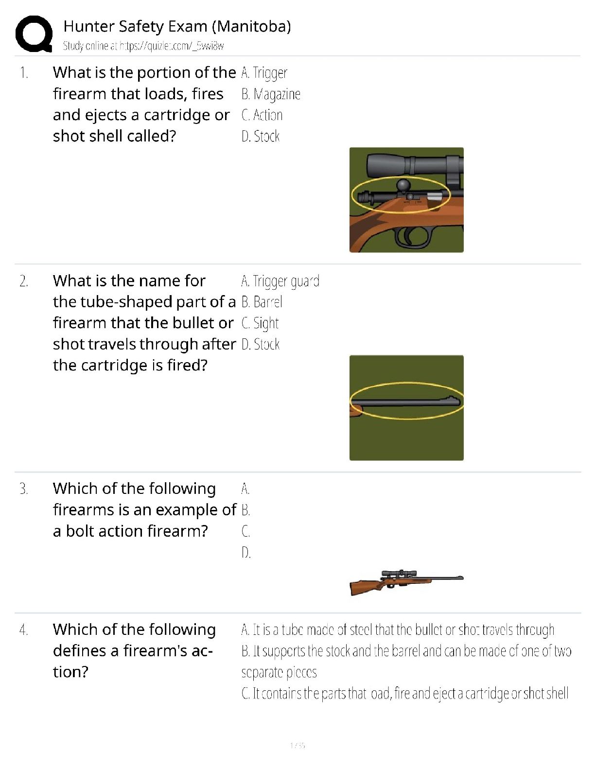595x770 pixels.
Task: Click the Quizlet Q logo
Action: (x=34, y=34)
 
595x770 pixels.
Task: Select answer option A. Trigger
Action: (x=264, y=73)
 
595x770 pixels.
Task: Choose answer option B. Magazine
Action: (x=271, y=94)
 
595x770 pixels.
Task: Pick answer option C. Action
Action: (x=262, y=115)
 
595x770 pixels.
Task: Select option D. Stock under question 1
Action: (x=261, y=136)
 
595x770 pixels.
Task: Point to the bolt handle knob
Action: (x=404, y=185)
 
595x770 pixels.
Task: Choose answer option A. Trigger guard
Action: (x=280, y=281)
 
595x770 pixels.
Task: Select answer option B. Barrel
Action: (x=262, y=302)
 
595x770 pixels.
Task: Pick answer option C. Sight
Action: (x=260, y=323)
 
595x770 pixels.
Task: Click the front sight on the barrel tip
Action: (x=454, y=400)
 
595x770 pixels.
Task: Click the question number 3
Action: (x=24, y=489)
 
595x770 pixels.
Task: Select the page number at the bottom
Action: (x=297, y=745)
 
